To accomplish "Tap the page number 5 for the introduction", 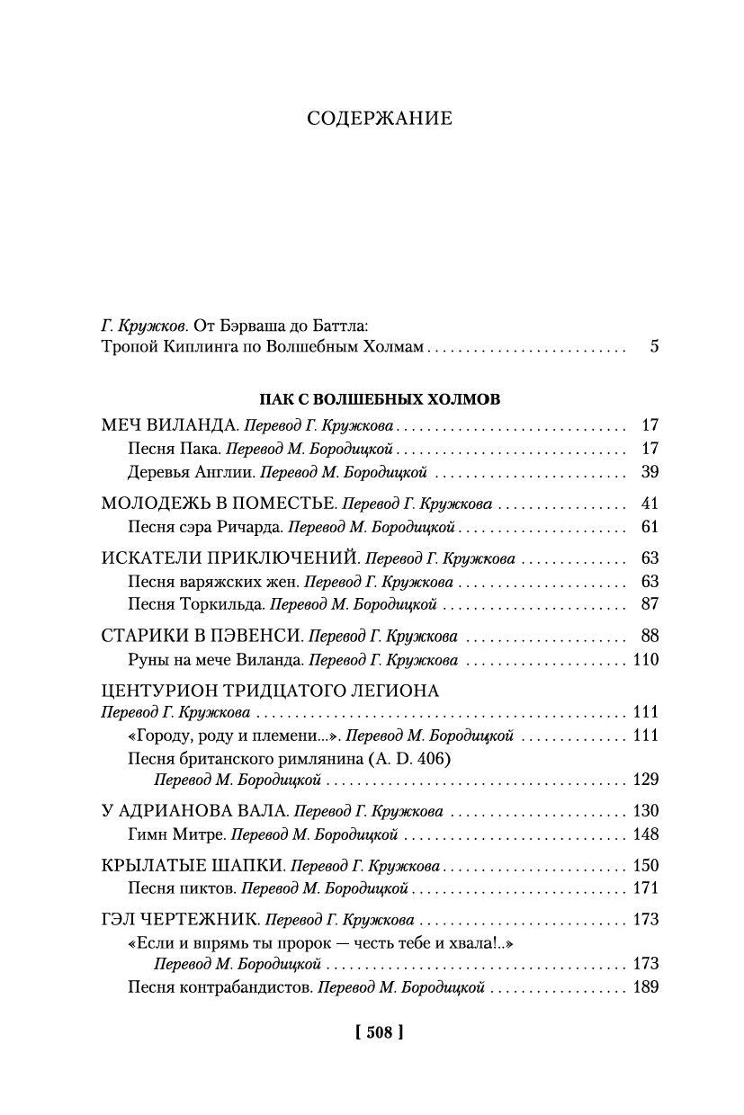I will pyautogui.click(x=654, y=345).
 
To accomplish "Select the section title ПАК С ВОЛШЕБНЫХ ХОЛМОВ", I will pyautogui.click(x=380, y=397).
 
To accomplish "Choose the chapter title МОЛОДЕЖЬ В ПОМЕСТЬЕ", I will pyautogui.click(x=219, y=504).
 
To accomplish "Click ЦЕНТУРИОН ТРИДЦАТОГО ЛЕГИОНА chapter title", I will pyautogui.click(x=271, y=691).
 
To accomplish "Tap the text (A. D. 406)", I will pyautogui.click(x=408, y=758).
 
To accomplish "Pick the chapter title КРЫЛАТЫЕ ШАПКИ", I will pyautogui.click(x=193, y=865).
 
